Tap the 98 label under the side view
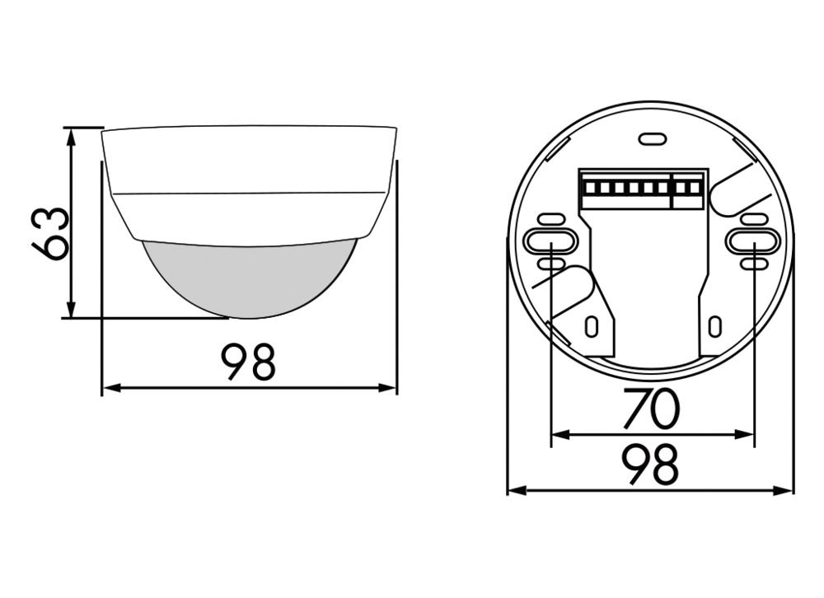point(249,362)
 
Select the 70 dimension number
point(650,409)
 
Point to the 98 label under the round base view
point(650,465)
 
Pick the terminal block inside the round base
point(643,189)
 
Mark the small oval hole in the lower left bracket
point(590,326)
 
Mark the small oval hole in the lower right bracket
point(714,326)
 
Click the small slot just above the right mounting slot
point(754,219)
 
